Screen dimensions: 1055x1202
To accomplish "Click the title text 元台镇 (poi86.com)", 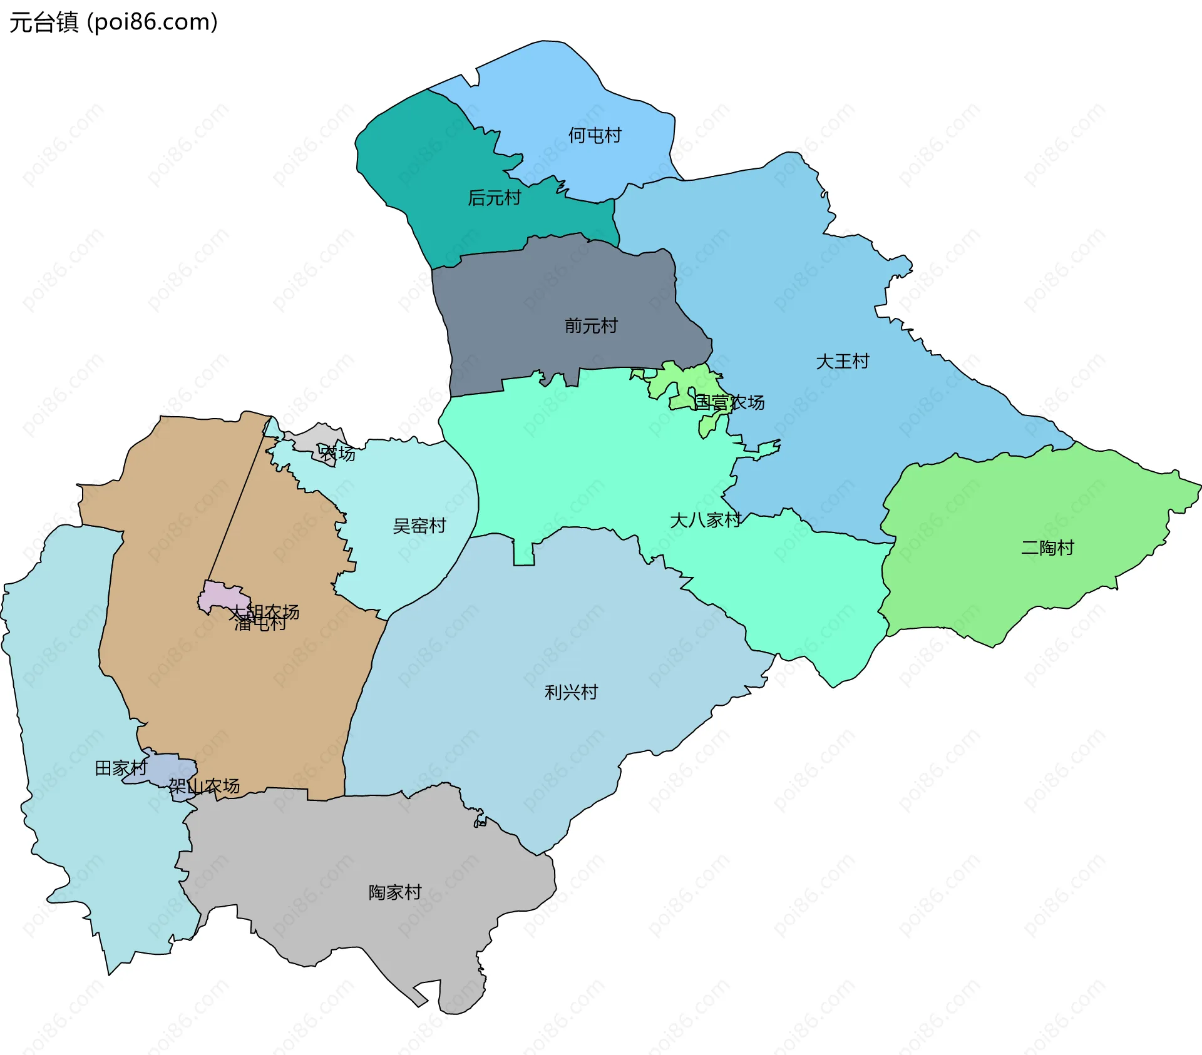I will click(113, 22).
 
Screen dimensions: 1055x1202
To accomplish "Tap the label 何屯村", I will click(594, 135).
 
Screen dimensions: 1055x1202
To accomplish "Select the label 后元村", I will click(494, 198).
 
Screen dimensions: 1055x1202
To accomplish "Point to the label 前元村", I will click(590, 325).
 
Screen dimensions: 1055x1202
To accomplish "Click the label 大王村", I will click(842, 361).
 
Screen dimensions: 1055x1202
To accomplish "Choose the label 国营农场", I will click(729, 402).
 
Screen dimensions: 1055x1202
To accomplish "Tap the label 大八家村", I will click(705, 520).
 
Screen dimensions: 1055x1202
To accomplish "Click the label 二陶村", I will click(1047, 548).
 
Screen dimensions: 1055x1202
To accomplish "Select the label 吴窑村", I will click(419, 526).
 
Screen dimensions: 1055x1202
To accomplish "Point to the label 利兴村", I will click(571, 691).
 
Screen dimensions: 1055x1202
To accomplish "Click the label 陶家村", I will click(394, 892).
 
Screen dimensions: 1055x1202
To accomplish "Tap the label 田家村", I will click(120, 768).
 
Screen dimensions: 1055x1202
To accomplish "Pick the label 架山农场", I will click(204, 786).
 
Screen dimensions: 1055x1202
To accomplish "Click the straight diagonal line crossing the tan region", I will click(238, 501).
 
